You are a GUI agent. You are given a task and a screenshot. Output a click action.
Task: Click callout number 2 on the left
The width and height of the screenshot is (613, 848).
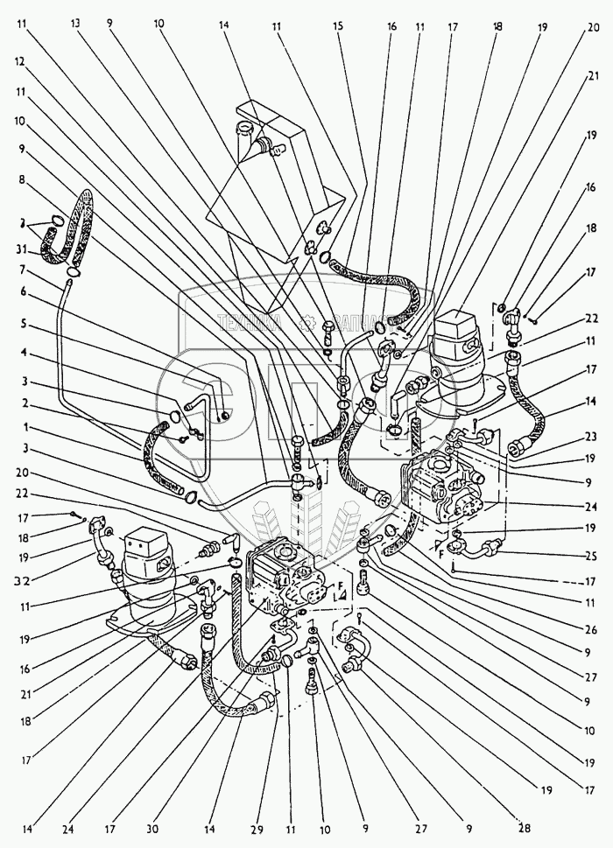pos(20,404)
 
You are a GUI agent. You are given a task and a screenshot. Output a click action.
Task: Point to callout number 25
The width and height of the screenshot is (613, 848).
pos(592,555)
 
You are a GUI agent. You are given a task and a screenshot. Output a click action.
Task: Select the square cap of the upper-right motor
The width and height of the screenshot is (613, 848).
pos(461,332)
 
